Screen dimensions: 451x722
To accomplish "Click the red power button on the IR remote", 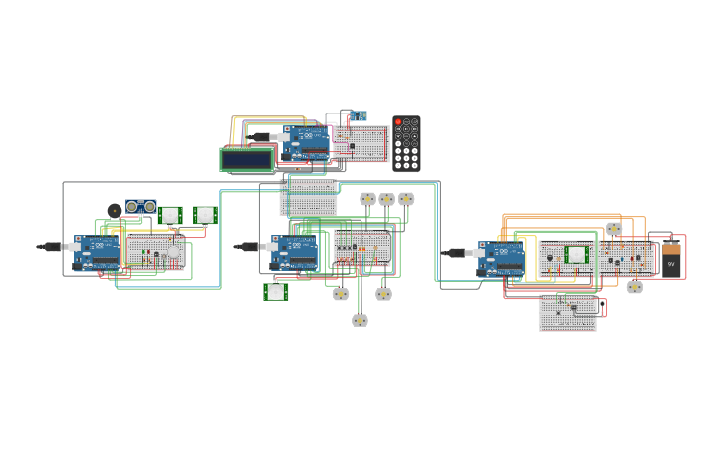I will pyautogui.click(x=398, y=122).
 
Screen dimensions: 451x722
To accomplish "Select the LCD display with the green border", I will pyautogui.click(x=246, y=159).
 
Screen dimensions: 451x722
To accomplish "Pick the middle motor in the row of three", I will pyautogui.click(x=386, y=199).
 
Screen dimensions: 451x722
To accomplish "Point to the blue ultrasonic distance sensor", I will pyautogui.click(x=140, y=206).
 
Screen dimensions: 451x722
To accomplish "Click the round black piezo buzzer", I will pyautogui.click(x=115, y=210).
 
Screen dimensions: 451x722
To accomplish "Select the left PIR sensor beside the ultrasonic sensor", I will pyautogui.click(x=170, y=215).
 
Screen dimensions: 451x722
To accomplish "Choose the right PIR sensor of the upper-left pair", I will pyautogui.click(x=205, y=215).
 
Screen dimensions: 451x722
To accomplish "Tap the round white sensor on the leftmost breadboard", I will pyautogui.click(x=174, y=250).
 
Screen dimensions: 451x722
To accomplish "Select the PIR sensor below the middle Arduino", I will pyautogui.click(x=276, y=292).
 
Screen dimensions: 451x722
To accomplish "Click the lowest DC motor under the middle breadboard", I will pyautogui.click(x=360, y=320).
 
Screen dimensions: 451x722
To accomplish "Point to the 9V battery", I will pyautogui.click(x=672, y=260).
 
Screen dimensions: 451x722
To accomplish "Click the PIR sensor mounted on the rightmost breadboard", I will pyautogui.click(x=576, y=255).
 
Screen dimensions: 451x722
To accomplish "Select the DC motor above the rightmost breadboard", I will pyautogui.click(x=614, y=229).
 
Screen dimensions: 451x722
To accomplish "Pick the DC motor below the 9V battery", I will pyautogui.click(x=634, y=287).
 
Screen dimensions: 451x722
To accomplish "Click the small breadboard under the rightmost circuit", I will pyautogui.click(x=567, y=311).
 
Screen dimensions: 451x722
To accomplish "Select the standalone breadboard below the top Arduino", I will pyautogui.click(x=308, y=197).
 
